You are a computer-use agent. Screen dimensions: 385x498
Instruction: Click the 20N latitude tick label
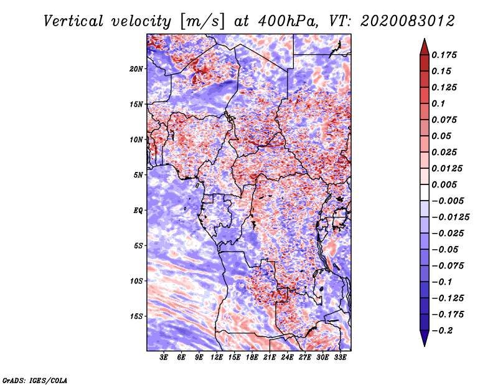[136, 69]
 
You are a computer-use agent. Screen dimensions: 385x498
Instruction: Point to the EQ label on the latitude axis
[138, 211]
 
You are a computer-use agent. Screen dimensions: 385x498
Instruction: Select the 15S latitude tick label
[136, 316]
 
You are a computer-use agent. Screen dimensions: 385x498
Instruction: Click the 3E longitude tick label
[164, 358]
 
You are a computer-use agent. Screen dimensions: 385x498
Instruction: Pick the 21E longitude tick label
[270, 358]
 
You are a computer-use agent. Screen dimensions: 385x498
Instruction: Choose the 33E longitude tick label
[340, 358]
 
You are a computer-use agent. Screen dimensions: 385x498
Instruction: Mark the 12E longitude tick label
[217, 358]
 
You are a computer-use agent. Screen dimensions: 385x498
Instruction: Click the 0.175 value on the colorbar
[446, 55]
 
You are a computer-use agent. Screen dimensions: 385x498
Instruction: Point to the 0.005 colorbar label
[446, 185]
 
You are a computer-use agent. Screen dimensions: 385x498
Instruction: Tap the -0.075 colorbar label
[448, 266]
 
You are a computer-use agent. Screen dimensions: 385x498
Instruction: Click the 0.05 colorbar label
[443, 136]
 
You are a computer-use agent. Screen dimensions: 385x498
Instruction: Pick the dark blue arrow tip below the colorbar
[424, 341]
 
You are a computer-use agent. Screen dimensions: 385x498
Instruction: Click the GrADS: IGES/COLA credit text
[35, 379]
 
